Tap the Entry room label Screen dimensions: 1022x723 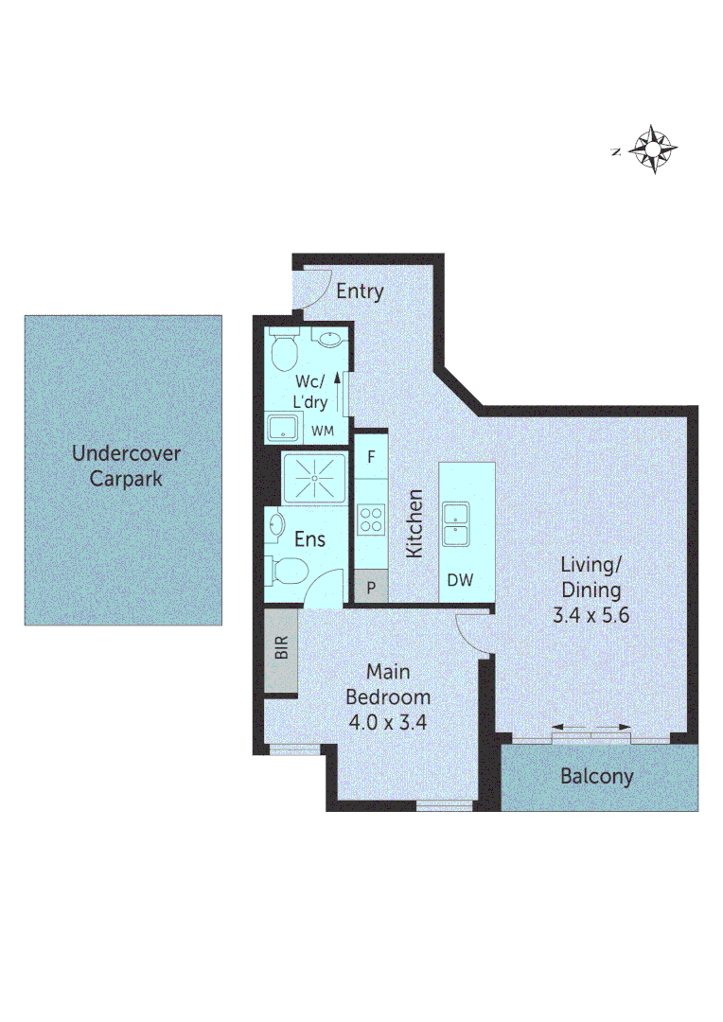(360, 291)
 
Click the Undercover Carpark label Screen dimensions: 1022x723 (126, 466)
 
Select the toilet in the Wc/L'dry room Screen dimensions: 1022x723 (284, 353)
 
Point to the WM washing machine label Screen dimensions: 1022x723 (324, 432)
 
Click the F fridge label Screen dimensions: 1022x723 (372, 456)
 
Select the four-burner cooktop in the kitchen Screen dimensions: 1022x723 (370, 520)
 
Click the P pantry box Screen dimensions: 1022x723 (371, 587)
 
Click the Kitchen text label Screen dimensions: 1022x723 (414, 523)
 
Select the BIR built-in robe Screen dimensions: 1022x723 (280, 651)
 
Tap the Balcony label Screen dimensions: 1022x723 (596, 777)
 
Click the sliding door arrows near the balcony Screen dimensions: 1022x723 (591, 727)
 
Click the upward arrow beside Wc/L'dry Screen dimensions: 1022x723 (337, 387)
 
